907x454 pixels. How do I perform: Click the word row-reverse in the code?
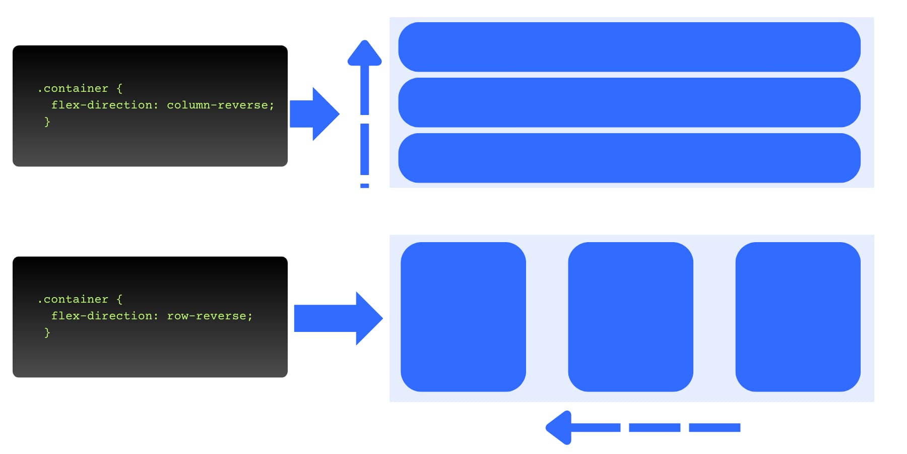[207, 316]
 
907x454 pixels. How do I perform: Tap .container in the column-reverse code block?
[74, 88]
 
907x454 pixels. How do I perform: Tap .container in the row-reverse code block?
[74, 299]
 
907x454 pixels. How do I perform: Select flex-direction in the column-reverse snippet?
[102, 105]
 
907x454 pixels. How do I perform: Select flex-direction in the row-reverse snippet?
[102, 316]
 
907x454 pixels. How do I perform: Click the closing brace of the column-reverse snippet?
[47, 122]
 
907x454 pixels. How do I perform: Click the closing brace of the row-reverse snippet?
[47, 332]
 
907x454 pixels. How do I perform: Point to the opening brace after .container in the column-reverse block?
[119, 89]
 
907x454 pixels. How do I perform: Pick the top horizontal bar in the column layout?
[629, 47]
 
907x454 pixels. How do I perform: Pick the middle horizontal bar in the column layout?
[629, 102]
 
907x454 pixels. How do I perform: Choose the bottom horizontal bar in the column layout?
[629, 158]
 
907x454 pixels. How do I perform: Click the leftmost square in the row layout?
[463, 317]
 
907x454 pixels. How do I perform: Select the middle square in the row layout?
[630, 317]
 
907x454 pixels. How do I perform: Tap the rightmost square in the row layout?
[798, 317]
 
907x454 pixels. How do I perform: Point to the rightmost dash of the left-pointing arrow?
[715, 428]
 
